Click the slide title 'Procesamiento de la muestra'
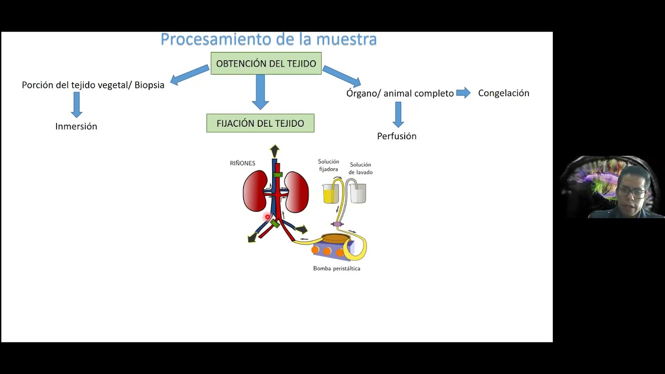tap(268, 39)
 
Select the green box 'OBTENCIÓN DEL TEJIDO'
tap(266, 63)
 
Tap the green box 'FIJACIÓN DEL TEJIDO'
tap(260, 123)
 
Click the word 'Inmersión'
tap(76, 126)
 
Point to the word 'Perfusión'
tap(397, 136)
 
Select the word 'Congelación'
tap(503, 93)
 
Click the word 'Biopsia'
tap(150, 85)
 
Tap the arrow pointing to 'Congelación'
tap(463, 93)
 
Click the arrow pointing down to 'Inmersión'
tap(77, 104)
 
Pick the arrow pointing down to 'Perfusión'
tap(398, 114)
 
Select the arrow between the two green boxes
tap(260, 91)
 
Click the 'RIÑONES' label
tap(243, 163)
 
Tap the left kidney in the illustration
tap(255, 192)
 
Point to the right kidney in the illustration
tap(297, 192)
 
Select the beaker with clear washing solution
tap(357, 193)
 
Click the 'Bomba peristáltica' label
tap(337, 269)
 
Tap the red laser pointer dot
tap(268, 217)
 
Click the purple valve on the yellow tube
tap(338, 224)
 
